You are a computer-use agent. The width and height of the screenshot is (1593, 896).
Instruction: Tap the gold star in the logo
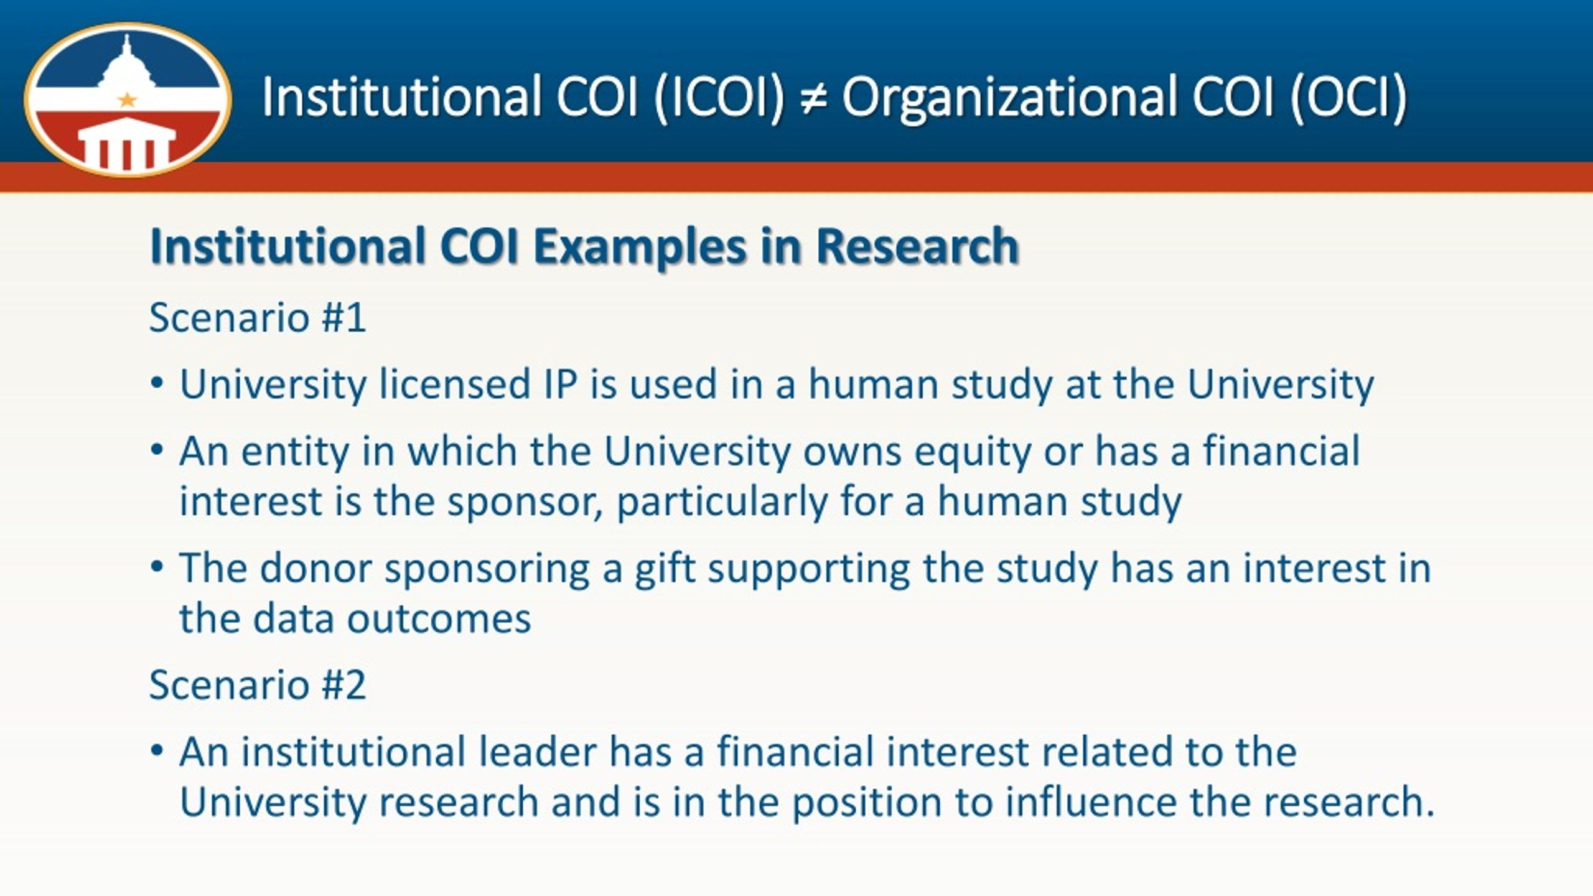[127, 99]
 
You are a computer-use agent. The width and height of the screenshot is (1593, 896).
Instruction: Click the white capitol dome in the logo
[128, 65]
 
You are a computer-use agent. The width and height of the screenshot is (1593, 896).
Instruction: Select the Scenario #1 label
[258, 317]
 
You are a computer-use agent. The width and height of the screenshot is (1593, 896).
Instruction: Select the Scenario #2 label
[258, 684]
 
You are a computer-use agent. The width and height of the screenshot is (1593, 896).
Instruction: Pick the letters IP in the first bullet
[560, 384]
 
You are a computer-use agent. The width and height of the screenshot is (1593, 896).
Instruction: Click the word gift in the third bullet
[665, 569]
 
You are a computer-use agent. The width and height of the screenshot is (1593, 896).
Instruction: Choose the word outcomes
[439, 619]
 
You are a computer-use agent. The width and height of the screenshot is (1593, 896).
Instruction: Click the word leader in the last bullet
[538, 751]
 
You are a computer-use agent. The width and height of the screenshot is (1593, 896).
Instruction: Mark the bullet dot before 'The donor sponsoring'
[157, 567]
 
